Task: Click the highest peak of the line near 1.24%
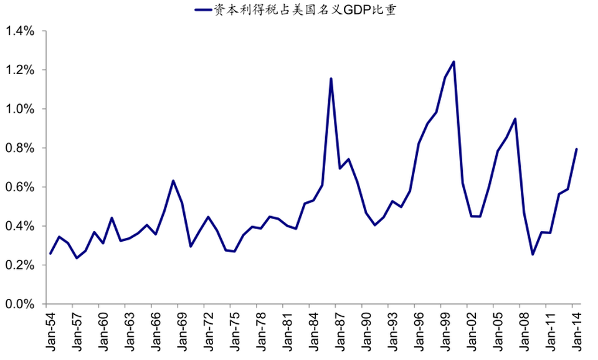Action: click(x=453, y=62)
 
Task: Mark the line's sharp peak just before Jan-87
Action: click(x=331, y=78)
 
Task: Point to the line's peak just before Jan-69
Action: click(x=173, y=181)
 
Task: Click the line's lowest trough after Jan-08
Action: click(x=533, y=254)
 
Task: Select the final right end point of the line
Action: click(x=577, y=149)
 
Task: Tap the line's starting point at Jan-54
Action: click(x=50, y=253)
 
